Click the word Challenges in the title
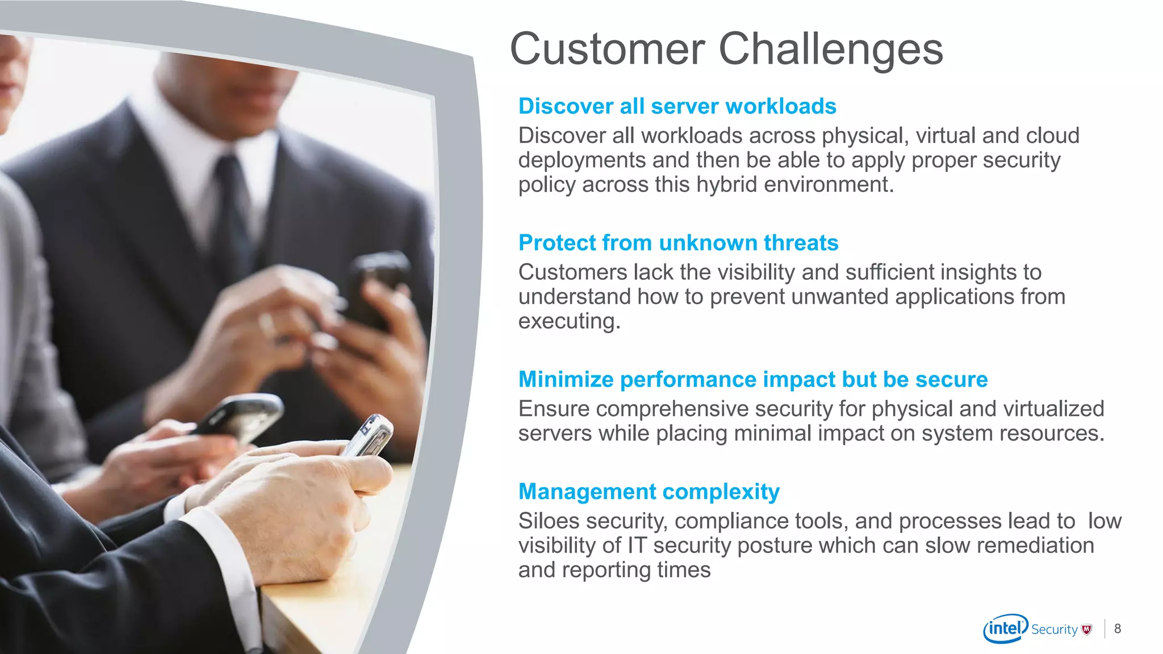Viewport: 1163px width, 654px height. (830, 50)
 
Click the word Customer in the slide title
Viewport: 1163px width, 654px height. (607, 50)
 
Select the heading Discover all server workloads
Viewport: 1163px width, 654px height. (677, 106)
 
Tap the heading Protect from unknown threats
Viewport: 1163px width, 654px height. (678, 243)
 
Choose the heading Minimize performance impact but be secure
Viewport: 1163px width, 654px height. (753, 379)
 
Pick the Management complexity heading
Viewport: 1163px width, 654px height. (649, 492)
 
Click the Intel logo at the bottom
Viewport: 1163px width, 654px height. (1005, 628)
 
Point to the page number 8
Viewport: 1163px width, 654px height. (1118, 628)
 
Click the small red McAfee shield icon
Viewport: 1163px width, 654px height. (1087, 629)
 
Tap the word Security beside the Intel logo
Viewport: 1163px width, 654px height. (1054, 630)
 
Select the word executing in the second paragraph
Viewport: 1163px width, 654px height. (568, 322)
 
